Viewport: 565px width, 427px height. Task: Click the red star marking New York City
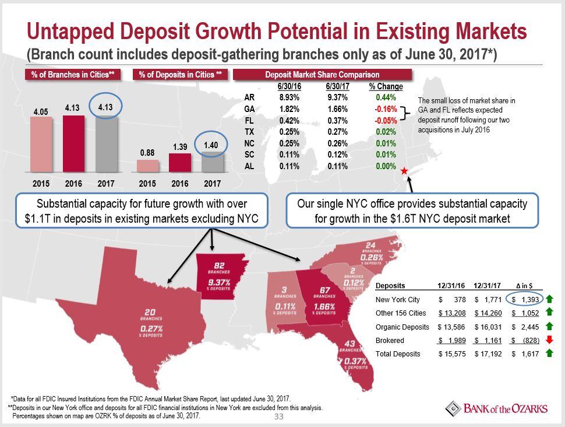[x=404, y=171]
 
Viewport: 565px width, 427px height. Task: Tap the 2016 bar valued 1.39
[x=180, y=163]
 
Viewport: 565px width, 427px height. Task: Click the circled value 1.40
[x=211, y=144]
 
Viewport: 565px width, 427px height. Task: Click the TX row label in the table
[x=249, y=132]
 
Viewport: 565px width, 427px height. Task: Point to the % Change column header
[x=386, y=86]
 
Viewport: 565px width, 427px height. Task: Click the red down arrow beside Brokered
[x=549, y=340]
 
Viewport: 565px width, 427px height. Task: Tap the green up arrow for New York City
[x=549, y=300]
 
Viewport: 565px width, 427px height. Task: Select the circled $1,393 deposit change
[x=525, y=300]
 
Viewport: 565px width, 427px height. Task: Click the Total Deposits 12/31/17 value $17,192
[x=488, y=353]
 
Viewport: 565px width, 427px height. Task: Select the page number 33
[x=278, y=417]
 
